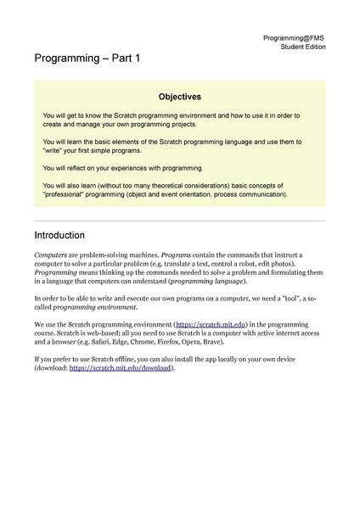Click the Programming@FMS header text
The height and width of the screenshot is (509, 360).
point(294,38)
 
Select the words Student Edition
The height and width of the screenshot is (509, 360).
point(302,48)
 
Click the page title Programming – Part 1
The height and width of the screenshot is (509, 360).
point(87,60)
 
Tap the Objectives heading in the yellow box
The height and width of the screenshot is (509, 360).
point(179,97)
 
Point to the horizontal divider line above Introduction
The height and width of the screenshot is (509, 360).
point(179,221)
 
